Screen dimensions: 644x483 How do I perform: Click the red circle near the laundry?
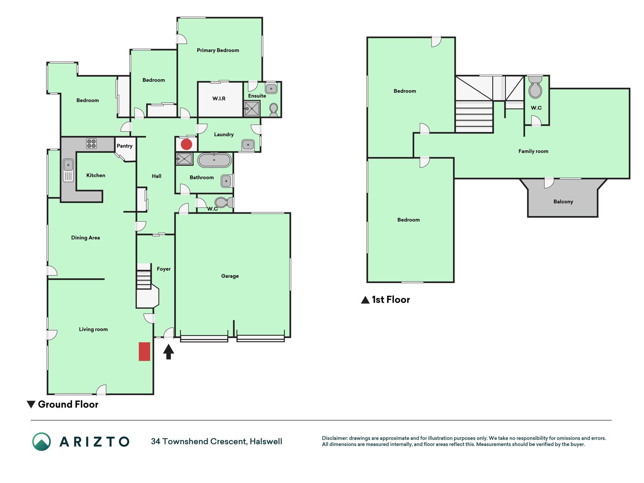[x=186, y=144]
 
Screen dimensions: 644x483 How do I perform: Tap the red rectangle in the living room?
[x=144, y=351]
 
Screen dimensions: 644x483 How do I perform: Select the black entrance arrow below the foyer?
[x=169, y=352]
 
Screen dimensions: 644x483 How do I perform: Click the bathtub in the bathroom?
[x=214, y=160]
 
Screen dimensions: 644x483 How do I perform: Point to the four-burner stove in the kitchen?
[x=91, y=143]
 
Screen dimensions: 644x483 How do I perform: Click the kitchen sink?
[x=68, y=170]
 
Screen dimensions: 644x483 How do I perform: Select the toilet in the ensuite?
[x=274, y=110]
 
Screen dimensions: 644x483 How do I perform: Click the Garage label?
[x=230, y=276]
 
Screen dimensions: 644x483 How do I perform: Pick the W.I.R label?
[x=219, y=98]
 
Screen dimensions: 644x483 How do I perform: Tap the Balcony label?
[x=563, y=202]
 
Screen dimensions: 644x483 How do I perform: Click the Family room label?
[x=533, y=151]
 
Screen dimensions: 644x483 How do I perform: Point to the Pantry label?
[x=124, y=146]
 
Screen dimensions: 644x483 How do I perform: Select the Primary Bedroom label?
[x=218, y=50]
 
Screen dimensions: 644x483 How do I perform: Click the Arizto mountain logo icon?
[x=41, y=441]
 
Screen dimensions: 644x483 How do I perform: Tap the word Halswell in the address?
[x=266, y=441]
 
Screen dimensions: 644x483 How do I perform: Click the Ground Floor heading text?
[x=68, y=404]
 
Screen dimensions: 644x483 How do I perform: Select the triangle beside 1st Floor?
[x=365, y=300]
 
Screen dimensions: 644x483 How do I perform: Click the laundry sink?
[x=248, y=144]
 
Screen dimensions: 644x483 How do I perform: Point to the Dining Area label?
[x=86, y=238]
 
